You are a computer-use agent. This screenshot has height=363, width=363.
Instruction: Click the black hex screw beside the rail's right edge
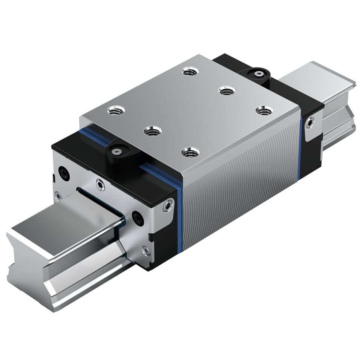pos(137,218)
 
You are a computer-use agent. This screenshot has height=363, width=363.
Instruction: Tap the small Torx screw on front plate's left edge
pos(57,195)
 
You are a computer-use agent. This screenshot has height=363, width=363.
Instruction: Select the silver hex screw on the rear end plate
pos(309,123)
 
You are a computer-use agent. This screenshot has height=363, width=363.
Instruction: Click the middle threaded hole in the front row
pos(153,131)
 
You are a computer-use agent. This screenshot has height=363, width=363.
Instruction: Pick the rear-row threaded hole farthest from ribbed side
pos(190,70)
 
